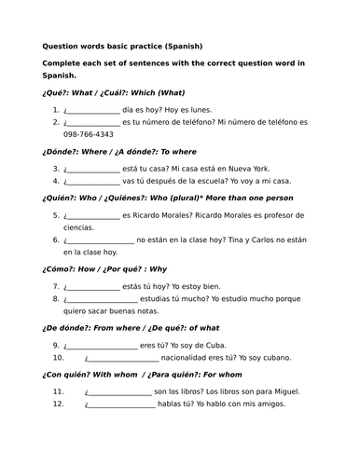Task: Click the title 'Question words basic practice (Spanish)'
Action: click(x=121, y=46)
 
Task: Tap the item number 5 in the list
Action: click(x=56, y=215)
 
